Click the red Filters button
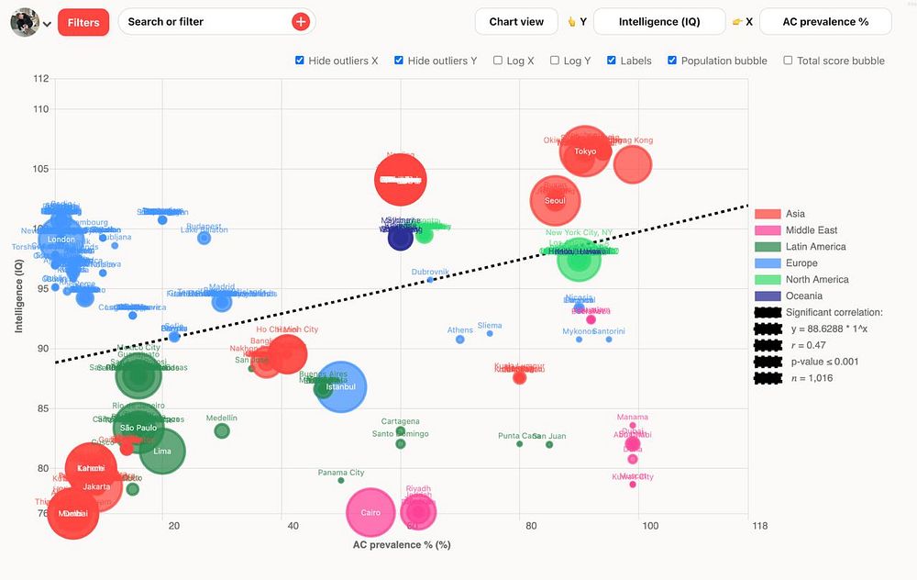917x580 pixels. pos(83,22)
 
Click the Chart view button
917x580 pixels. pos(516,22)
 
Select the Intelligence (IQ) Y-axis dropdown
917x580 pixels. pos(658,22)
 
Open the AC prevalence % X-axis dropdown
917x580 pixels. pos(824,22)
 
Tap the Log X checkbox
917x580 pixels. pos(498,61)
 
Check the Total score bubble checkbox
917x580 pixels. pos(788,61)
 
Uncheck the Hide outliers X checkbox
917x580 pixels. pos(300,61)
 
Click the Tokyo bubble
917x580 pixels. pos(584,151)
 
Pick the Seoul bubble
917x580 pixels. pos(555,200)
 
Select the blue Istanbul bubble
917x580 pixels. pos(340,387)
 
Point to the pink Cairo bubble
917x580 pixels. pos(370,513)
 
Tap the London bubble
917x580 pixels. pos(61,240)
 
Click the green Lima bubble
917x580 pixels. pos(162,452)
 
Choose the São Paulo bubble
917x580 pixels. pos(138,428)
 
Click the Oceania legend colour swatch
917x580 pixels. pos(767,296)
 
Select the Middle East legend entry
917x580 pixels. pos(811,230)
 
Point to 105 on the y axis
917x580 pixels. pos(39,169)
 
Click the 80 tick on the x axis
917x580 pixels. pos(531,526)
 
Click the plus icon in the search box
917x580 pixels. pos(301,22)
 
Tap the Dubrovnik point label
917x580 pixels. pos(430,273)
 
